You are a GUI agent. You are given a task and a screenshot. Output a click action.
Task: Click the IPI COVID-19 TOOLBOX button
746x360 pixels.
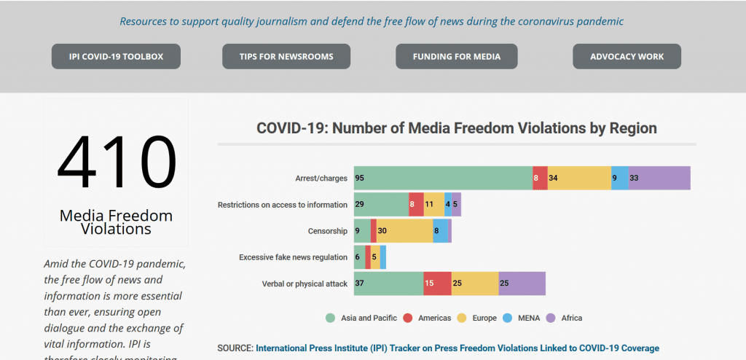(x=116, y=56)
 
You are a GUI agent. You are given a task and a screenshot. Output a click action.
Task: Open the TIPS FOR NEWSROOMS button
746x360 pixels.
(x=286, y=56)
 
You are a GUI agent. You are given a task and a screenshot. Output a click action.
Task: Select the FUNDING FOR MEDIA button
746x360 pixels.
(x=457, y=56)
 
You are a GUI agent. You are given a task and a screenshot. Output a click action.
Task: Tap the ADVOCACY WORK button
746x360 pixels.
(x=627, y=56)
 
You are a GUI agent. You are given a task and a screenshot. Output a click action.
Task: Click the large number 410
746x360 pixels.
(x=117, y=162)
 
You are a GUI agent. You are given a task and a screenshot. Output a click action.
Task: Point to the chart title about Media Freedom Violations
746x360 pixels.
(x=457, y=128)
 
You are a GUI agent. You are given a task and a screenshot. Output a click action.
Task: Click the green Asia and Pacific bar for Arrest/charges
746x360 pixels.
(x=443, y=178)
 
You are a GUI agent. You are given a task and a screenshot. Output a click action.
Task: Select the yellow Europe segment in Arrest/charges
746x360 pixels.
(x=579, y=178)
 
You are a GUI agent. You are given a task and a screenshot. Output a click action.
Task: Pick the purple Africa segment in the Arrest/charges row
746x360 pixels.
(x=659, y=178)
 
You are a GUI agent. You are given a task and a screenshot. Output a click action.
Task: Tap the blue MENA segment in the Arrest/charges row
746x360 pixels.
(x=620, y=178)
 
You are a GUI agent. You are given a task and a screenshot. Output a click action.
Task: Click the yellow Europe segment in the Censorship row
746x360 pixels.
(x=405, y=231)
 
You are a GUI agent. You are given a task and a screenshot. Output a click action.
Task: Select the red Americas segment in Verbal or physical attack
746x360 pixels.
(x=438, y=283)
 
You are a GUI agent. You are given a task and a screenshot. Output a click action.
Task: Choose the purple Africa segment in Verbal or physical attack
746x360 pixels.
(x=522, y=283)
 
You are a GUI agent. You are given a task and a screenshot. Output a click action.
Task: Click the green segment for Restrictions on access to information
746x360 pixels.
(x=381, y=205)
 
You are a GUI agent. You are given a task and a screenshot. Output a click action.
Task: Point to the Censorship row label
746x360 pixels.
(x=327, y=231)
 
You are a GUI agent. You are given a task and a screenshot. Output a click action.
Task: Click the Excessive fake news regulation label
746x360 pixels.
(x=293, y=257)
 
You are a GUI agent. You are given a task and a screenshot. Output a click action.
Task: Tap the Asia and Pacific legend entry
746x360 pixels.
(x=361, y=318)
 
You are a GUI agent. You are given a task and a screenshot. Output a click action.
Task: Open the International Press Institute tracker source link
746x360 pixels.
(x=457, y=348)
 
